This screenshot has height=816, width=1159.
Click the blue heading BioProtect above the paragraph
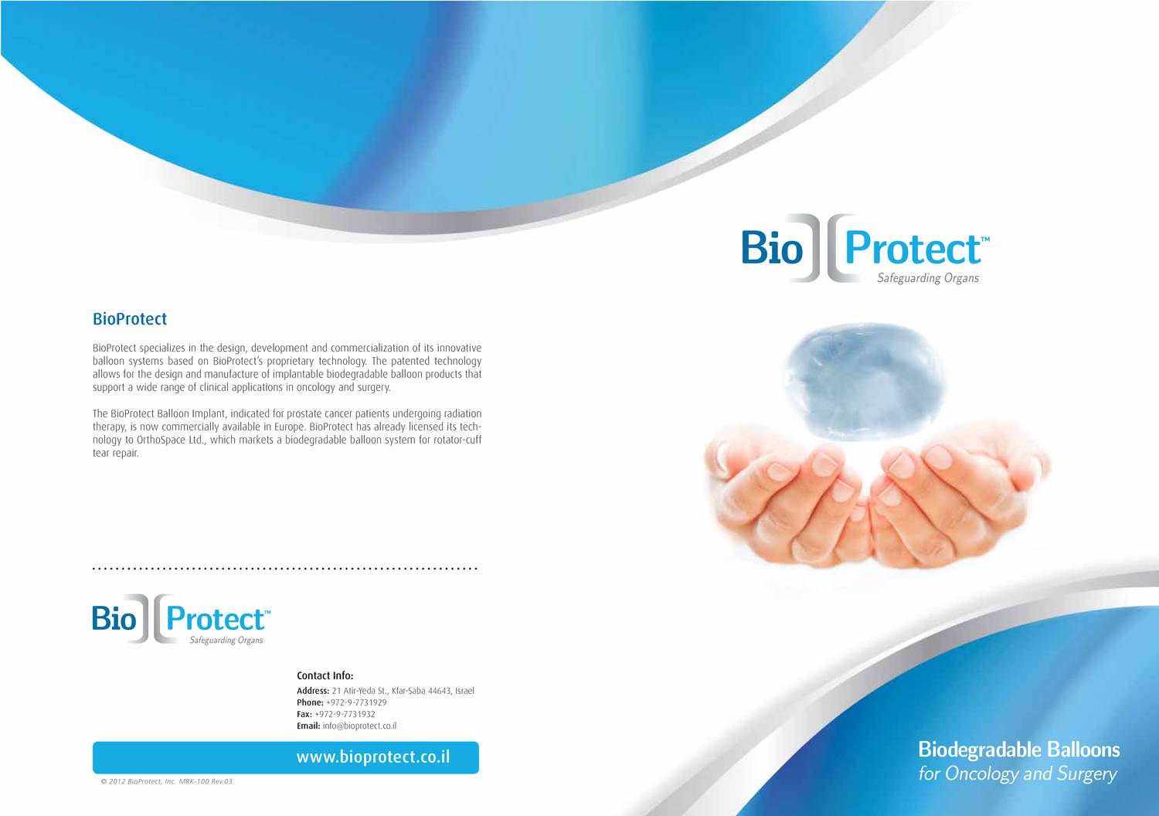click(130, 318)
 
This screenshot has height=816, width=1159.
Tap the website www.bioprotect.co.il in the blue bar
click(373, 757)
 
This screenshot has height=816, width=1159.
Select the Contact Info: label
click(325, 675)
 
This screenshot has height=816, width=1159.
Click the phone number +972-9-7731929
click(356, 702)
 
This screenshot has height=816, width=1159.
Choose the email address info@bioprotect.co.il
click(359, 726)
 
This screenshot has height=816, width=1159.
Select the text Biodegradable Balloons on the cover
click(1018, 750)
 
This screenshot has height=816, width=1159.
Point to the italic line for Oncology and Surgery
click(1018, 773)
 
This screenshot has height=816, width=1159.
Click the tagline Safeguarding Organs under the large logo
click(927, 278)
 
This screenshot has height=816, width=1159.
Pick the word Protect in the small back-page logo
click(215, 620)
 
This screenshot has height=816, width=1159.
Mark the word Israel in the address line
click(464, 691)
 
